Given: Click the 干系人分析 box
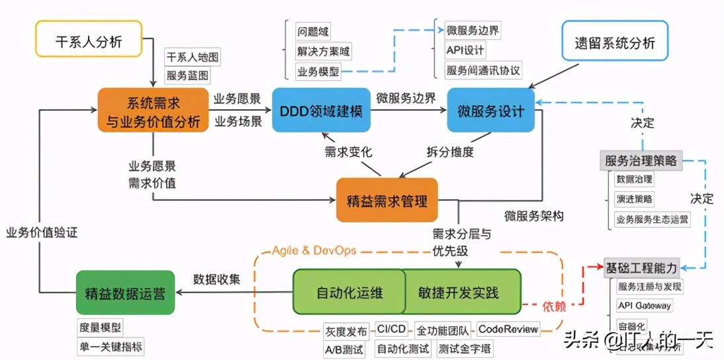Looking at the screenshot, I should (88, 42).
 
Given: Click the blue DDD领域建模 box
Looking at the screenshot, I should (321, 110).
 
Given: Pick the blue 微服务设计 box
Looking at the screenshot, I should (490, 110).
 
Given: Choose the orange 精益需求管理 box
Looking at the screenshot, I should (387, 199).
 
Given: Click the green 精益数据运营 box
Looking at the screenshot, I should (125, 292).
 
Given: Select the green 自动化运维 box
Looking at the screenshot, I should (348, 292).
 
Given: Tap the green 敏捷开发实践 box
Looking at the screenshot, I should (460, 292).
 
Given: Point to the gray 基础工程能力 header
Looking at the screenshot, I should (641, 268).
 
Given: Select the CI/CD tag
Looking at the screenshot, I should (391, 329).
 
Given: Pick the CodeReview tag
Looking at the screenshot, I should (508, 329).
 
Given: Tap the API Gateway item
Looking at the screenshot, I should (643, 306).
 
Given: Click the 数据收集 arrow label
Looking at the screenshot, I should (216, 279).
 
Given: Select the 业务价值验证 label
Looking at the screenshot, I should (42, 233).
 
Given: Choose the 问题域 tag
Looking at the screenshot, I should (313, 31).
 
